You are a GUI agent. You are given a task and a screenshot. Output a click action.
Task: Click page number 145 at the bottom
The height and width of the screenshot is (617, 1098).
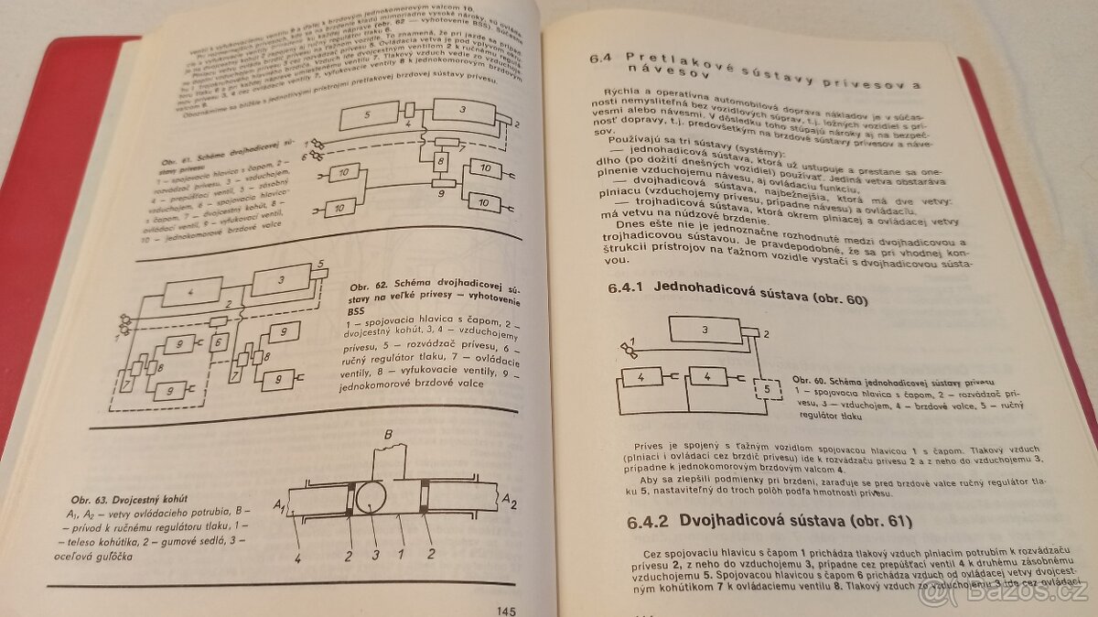(508, 610)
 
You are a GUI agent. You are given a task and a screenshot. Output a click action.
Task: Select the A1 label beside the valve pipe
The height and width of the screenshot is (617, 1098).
(282, 504)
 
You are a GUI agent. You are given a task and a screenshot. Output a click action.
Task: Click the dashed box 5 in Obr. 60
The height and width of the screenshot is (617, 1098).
(761, 395)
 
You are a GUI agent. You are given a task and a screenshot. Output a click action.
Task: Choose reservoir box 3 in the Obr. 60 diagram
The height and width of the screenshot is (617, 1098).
(705, 329)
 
